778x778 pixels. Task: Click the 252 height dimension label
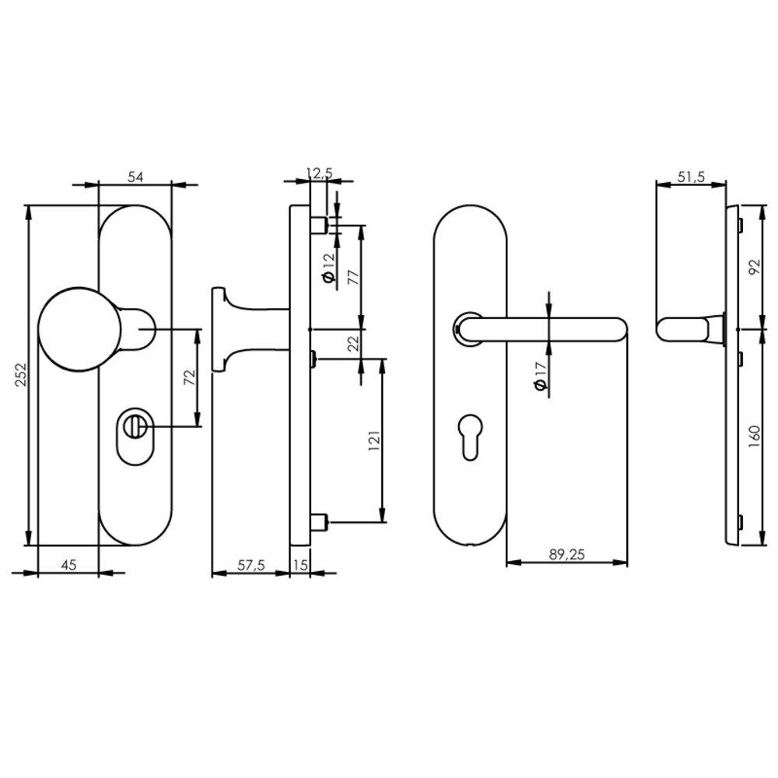20,377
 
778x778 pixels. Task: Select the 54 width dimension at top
135,177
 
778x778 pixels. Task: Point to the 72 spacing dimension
187,379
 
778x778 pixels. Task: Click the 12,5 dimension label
318,172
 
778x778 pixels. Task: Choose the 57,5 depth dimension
251,566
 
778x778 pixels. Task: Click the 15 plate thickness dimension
300,566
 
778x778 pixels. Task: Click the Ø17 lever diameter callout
540,377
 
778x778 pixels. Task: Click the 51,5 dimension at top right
691,177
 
